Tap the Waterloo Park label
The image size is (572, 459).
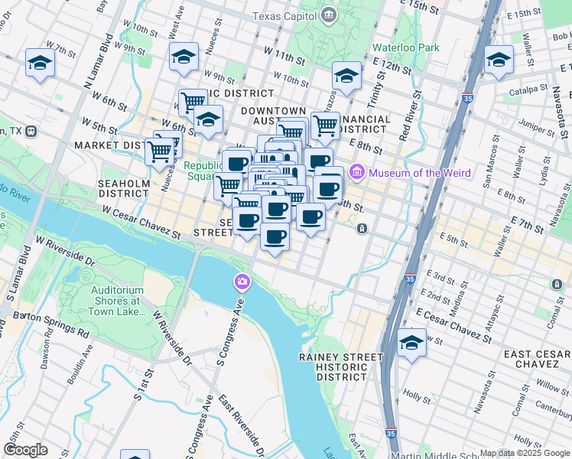[405, 47]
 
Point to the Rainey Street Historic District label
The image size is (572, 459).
[341, 367]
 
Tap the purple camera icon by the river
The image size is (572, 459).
[242, 283]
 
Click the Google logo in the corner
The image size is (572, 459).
[25, 450]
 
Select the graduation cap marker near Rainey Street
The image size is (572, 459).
[411, 343]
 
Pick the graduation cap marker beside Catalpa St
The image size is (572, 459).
[499, 60]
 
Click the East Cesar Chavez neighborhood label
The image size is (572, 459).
[535, 360]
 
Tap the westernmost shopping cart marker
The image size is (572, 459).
[159, 151]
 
